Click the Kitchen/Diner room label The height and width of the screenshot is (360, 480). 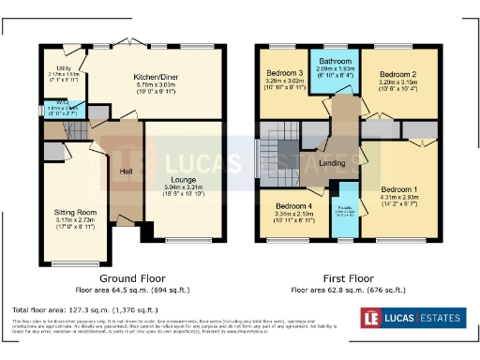pyautogui.click(x=155, y=76)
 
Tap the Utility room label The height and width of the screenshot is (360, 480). pyautogui.click(x=64, y=68)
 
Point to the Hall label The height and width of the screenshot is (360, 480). pyautogui.click(x=126, y=171)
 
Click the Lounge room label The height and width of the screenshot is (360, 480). pyautogui.click(x=184, y=177)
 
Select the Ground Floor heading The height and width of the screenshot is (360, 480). pyautogui.click(x=133, y=278)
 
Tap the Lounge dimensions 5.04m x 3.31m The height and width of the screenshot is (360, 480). pyautogui.click(x=184, y=186)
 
